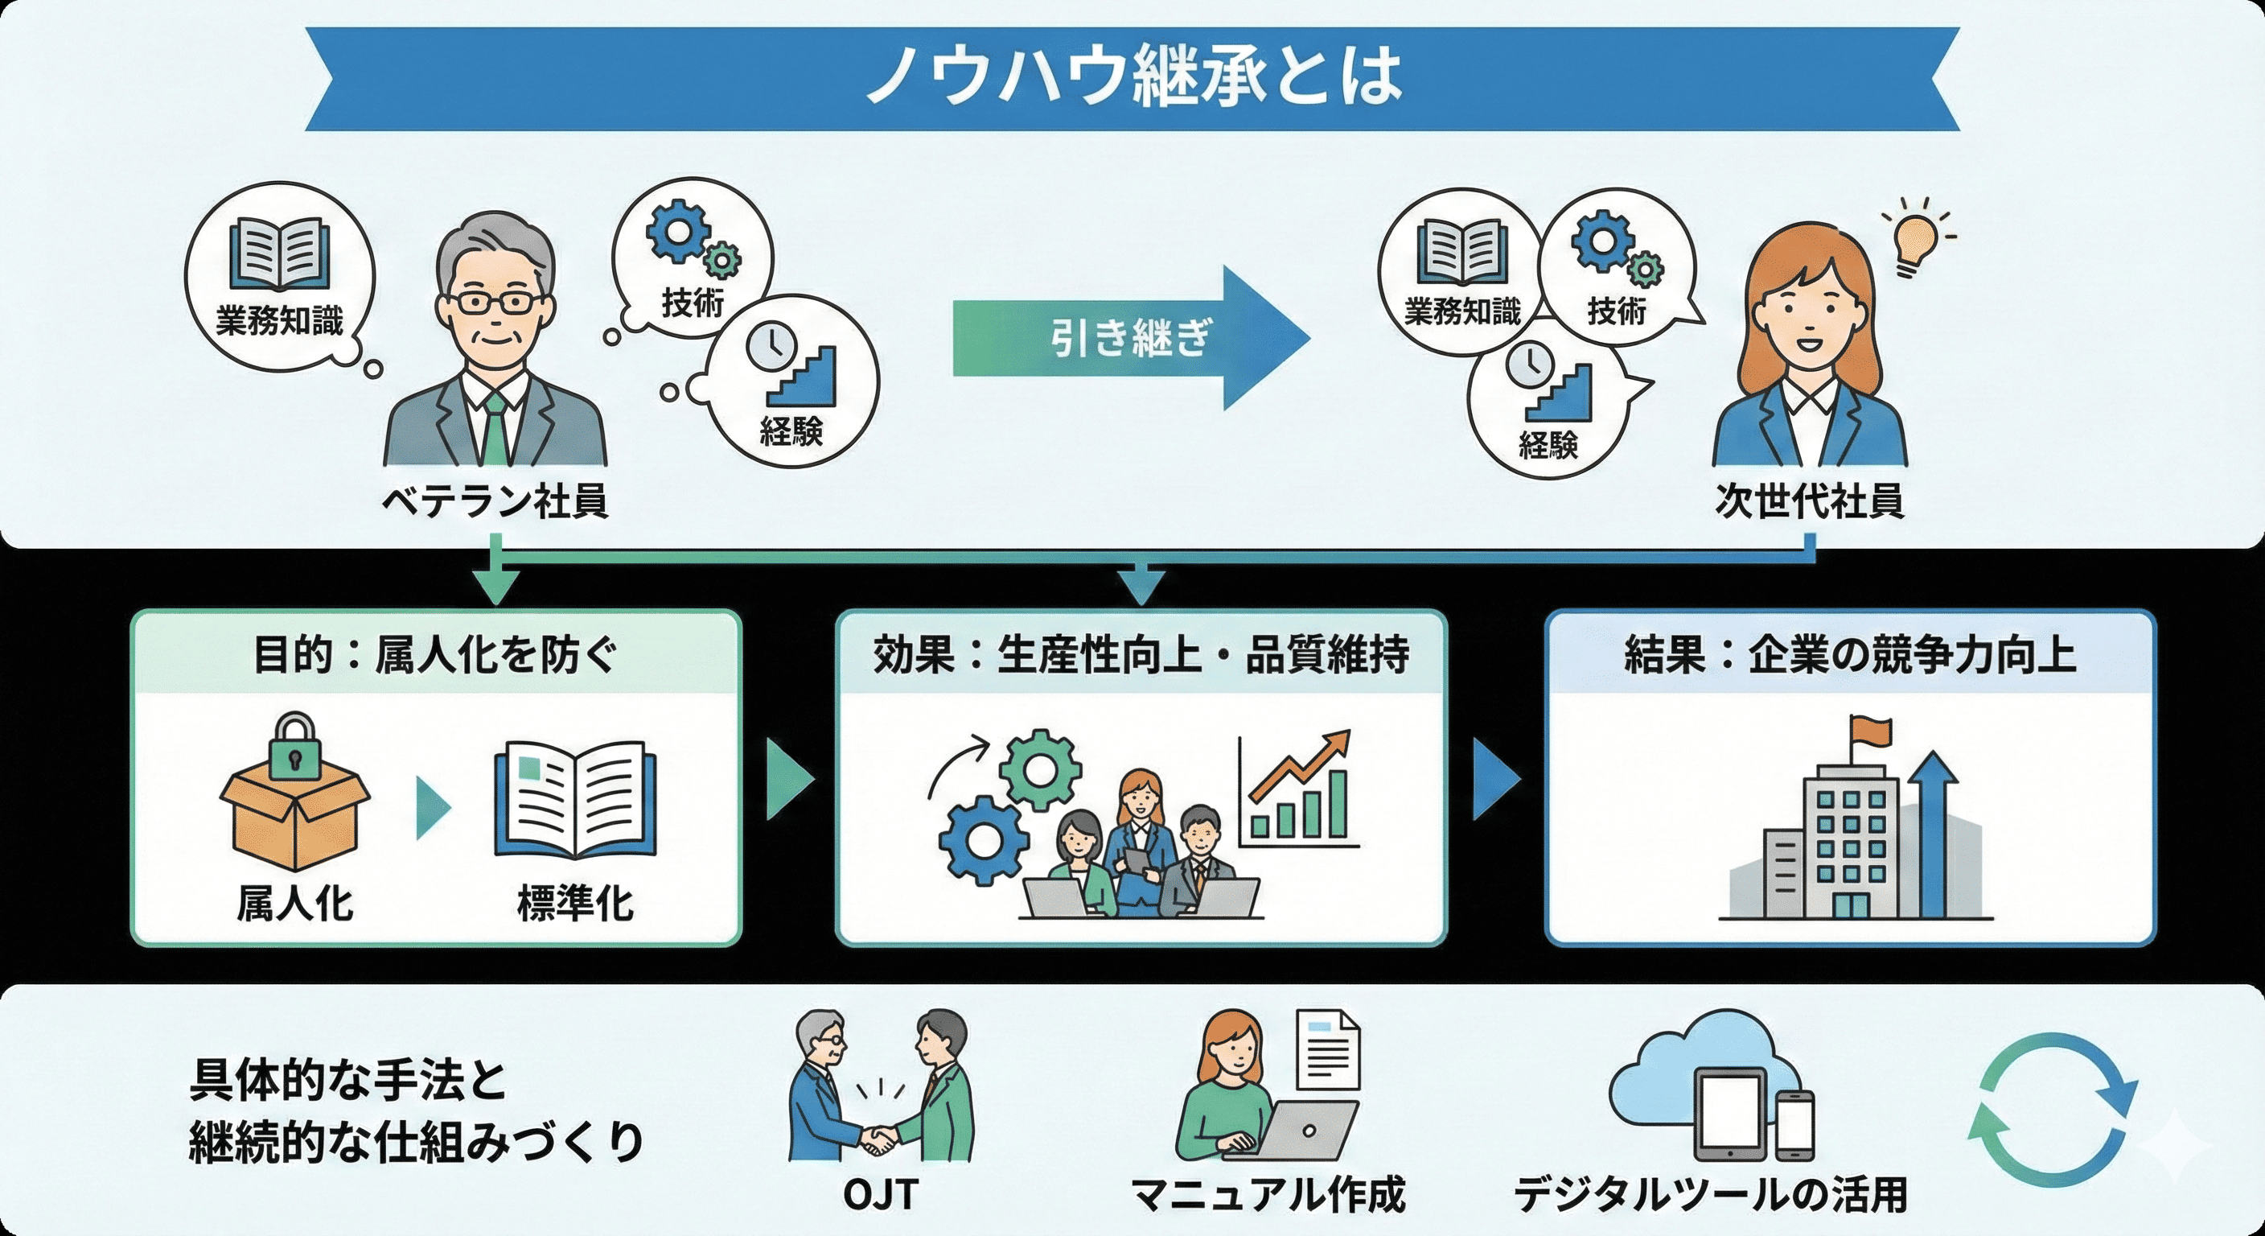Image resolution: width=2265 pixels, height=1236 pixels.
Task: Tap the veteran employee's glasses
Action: point(498,303)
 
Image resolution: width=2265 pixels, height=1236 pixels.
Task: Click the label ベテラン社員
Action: point(495,502)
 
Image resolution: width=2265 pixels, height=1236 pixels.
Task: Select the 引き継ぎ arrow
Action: point(1131,339)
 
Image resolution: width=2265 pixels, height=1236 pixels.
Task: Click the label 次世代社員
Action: point(1810,502)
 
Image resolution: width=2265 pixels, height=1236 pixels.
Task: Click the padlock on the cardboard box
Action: point(294,748)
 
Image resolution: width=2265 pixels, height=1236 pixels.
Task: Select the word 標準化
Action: point(575,904)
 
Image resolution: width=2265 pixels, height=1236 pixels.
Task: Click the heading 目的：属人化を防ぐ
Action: point(435,655)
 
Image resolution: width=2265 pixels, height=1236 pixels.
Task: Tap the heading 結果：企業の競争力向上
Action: point(1850,655)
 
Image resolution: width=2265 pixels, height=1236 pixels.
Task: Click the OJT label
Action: point(880,1195)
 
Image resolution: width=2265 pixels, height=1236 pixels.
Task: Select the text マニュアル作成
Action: point(1267,1195)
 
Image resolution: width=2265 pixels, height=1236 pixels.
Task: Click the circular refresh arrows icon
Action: point(2050,1110)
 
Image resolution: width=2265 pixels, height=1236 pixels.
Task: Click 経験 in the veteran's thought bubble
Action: point(791,431)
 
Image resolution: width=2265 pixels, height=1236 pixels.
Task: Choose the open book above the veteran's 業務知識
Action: point(280,255)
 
